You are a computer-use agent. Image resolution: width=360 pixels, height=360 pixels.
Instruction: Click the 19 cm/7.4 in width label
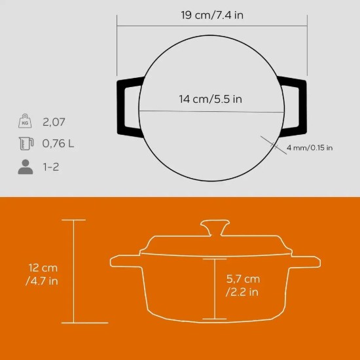(x=212, y=14)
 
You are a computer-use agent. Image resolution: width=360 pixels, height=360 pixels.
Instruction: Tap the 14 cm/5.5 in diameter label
(x=211, y=99)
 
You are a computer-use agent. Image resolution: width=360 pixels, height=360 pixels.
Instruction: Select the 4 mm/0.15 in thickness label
(x=310, y=148)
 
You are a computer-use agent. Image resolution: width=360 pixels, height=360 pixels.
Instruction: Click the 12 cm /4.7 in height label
(x=43, y=275)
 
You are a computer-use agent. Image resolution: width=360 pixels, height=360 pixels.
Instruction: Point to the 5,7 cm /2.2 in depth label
(x=242, y=285)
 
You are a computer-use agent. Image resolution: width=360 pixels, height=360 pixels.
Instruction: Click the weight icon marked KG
(x=25, y=122)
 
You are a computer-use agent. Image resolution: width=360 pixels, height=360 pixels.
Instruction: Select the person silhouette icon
(x=25, y=167)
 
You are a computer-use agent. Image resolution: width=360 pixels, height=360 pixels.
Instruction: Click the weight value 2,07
(x=54, y=122)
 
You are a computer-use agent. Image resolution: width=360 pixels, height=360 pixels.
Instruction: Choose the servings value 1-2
(x=52, y=167)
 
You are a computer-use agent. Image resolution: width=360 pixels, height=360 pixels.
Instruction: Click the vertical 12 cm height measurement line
(x=74, y=271)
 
